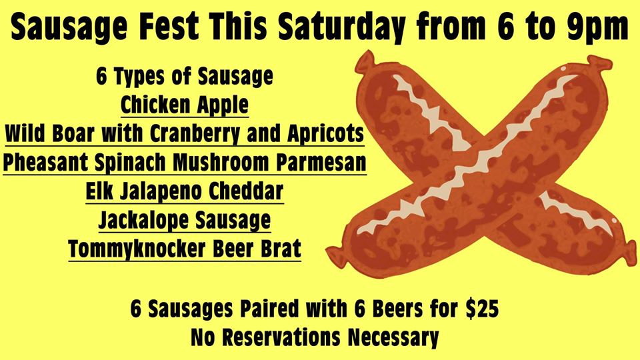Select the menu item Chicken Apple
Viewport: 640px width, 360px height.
coord(185,105)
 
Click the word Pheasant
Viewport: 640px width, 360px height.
coord(45,163)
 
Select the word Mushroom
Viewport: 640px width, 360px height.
coord(221,163)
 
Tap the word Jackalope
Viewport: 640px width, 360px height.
coord(144,221)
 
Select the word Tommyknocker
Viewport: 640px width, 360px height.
coord(137,249)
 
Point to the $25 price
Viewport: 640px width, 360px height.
coord(482,309)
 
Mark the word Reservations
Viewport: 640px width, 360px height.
coord(281,337)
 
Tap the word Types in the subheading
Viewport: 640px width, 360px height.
coord(139,77)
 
